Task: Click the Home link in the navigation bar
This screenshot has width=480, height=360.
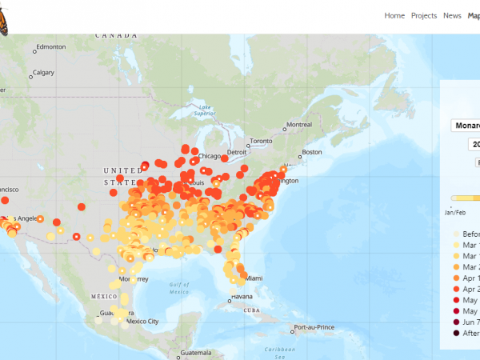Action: coord(394,15)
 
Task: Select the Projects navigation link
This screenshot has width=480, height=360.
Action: coord(424,15)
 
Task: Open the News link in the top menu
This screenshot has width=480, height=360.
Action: coord(452,15)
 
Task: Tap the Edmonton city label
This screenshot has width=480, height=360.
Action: coord(50,46)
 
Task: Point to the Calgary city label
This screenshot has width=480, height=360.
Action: coord(43,73)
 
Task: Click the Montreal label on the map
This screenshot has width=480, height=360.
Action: coord(299,125)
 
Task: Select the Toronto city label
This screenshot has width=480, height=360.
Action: coord(261,142)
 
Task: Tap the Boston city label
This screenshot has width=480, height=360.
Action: coord(311,152)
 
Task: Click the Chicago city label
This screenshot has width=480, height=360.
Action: coord(210,156)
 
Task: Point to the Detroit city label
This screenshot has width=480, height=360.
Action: coord(237,152)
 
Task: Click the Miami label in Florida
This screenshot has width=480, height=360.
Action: coord(255,278)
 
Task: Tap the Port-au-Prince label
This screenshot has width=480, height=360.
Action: coord(313,328)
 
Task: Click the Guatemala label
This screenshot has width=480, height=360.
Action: coord(196,353)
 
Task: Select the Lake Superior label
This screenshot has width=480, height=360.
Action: coord(206,110)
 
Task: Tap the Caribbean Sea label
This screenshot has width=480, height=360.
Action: coord(281,350)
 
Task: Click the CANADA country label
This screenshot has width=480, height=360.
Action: coord(117,35)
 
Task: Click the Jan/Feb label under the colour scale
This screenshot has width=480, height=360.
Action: coord(454,214)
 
